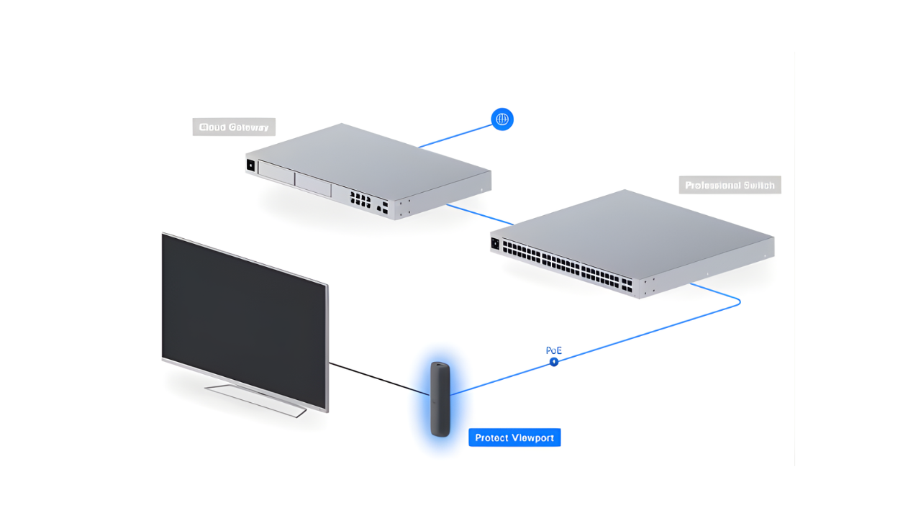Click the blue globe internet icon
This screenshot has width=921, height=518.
(x=502, y=119)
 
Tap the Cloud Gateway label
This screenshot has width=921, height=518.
(x=234, y=127)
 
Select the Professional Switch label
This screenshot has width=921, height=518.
(x=730, y=186)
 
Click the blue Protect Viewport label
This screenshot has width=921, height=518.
(x=514, y=437)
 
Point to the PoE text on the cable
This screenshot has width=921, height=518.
(x=553, y=350)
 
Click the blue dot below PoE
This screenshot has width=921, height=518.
(x=554, y=362)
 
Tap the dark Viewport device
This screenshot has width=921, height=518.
(x=440, y=399)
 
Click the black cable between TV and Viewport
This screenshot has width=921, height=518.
(x=378, y=378)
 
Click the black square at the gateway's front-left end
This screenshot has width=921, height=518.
(x=251, y=165)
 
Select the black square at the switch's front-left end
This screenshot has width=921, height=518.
(x=495, y=243)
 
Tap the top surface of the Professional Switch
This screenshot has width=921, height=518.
(x=633, y=223)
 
